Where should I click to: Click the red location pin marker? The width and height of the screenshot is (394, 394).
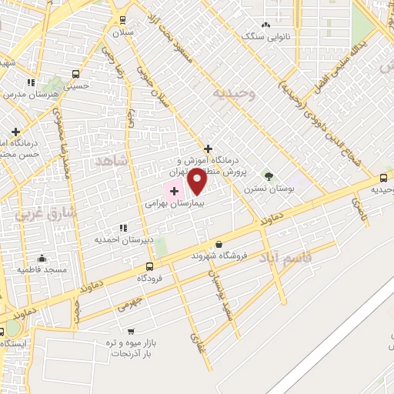197,182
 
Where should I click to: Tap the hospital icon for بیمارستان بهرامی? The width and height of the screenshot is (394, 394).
174,191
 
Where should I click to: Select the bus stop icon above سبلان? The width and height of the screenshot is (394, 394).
122,20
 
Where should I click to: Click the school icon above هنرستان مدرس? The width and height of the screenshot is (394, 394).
31,82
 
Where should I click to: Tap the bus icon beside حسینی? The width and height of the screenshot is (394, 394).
75,74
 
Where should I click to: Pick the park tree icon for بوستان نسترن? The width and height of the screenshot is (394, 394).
269,176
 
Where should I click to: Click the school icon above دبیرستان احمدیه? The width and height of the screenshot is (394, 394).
123,228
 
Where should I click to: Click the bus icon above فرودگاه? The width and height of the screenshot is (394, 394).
149,265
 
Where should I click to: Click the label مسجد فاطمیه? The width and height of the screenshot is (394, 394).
45,269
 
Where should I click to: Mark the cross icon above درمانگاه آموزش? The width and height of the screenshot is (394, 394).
208,149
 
